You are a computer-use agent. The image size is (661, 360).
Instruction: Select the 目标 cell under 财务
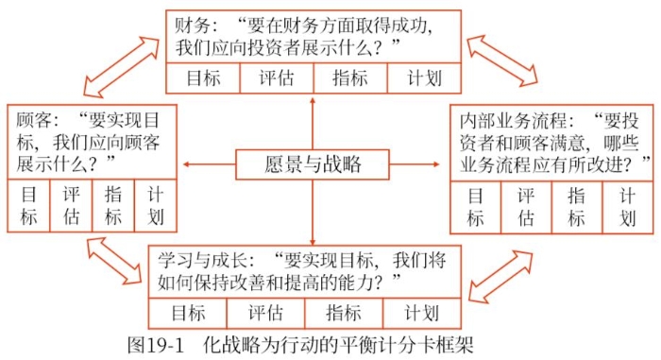coord(203,78)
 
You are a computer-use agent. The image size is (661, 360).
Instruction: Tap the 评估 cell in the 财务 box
coord(277,78)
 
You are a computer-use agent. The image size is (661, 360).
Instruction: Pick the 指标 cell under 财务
coord(349,78)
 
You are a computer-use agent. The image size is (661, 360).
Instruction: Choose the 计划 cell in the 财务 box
coord(423,78)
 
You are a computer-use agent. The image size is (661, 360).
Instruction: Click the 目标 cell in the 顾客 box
coord(28,205)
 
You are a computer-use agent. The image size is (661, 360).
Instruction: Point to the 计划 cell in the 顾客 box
coord(156,205)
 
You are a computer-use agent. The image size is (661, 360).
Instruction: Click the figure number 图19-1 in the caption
coord(155,344)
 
